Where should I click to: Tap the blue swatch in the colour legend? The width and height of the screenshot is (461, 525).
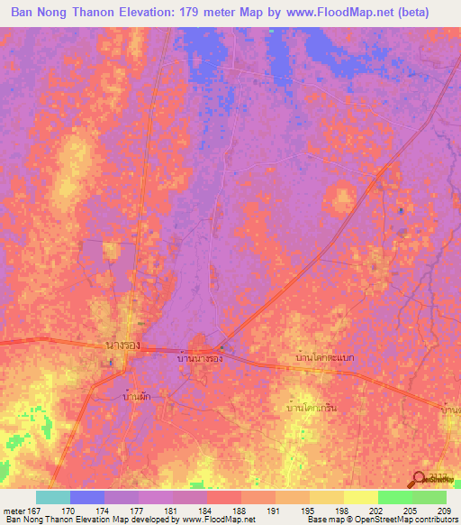(87, 497)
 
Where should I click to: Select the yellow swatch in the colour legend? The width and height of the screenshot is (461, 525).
(360, 497)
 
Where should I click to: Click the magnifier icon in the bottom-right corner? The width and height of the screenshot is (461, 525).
(418, 480)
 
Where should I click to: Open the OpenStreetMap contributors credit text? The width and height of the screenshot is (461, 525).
(393, 520)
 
